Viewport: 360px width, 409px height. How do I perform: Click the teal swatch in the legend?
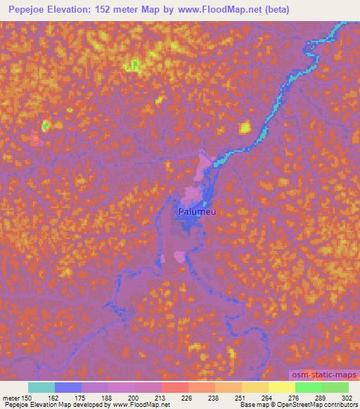tap(41, 387)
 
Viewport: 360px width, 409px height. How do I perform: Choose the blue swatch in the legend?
tap(68, 387)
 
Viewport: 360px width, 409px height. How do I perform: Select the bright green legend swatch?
tap(309, 387)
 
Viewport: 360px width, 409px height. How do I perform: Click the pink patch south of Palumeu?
tap(180, 257)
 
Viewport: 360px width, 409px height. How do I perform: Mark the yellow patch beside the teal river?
tap(245, 127)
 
